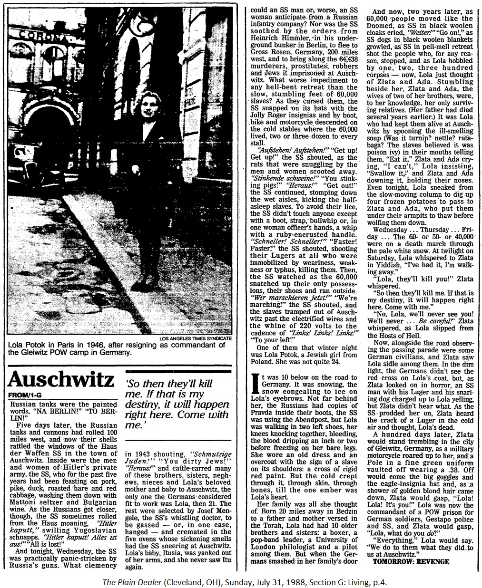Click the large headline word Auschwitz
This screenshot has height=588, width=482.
pos(61,379)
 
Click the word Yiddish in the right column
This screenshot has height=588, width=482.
pos(386,265)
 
